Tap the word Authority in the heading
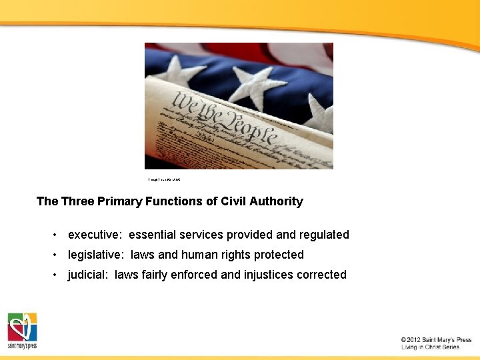[275, 201]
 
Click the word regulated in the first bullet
[324, 235]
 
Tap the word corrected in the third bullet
[322, 275]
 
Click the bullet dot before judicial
[58, 275]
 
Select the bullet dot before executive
[58, 235]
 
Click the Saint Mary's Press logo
[22, 331]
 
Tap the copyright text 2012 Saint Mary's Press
[436, 340]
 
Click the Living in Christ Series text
[430, 347]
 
